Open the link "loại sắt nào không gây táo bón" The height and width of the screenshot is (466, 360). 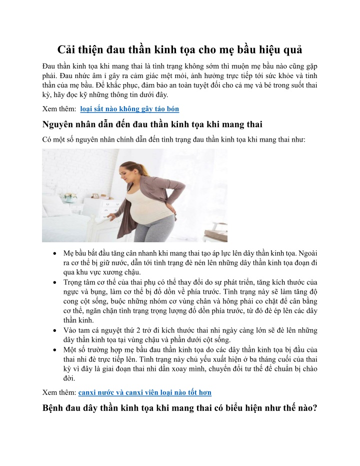coord(129,109)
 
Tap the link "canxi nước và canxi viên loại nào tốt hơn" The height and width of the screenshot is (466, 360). coord(144,393)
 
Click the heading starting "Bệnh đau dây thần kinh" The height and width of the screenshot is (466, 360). coord(179,408)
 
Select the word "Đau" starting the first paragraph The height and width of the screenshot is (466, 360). coord(49,67)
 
